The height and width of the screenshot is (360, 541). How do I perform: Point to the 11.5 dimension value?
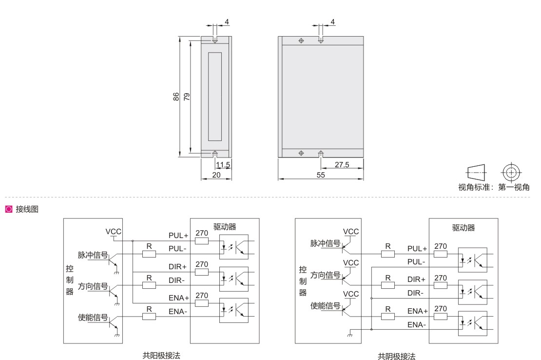[x=223, y=164]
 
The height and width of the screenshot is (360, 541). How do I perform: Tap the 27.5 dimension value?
[x=342, y=164]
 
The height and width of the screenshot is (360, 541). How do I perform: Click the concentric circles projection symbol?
[x=510, y=172]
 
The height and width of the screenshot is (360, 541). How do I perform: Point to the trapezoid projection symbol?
[x=476, y=172]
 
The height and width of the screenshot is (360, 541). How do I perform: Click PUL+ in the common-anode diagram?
[x=178, y=235]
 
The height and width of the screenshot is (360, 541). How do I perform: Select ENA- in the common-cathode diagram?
[x=418, y=325]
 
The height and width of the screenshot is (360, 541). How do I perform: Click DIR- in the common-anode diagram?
[x=177, y=280]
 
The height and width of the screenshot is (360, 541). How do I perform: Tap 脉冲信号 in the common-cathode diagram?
[x=326, y=243]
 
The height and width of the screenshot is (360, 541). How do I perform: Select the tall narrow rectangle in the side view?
[x=215, y=96]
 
